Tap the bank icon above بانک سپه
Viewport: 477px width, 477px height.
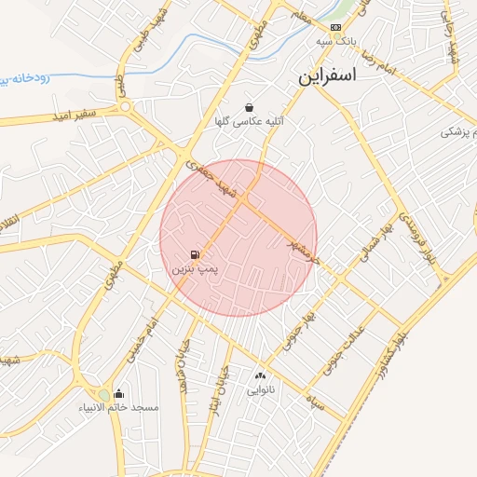pos(336,28)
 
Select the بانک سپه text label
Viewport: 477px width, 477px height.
pos(337,42)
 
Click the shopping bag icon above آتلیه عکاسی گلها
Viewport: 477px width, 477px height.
pos(249,107)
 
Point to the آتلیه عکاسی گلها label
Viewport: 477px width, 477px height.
pos(250,121)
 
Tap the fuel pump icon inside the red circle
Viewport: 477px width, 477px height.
pos(194,254)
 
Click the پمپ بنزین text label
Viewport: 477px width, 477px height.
pos(194,268)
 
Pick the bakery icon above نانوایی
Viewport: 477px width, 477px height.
pos(259,376)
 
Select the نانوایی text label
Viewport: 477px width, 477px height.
pos(259,390)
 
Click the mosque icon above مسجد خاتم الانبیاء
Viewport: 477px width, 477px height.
pos(117,394)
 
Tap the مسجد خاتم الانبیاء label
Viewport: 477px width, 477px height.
pos(118,408)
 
